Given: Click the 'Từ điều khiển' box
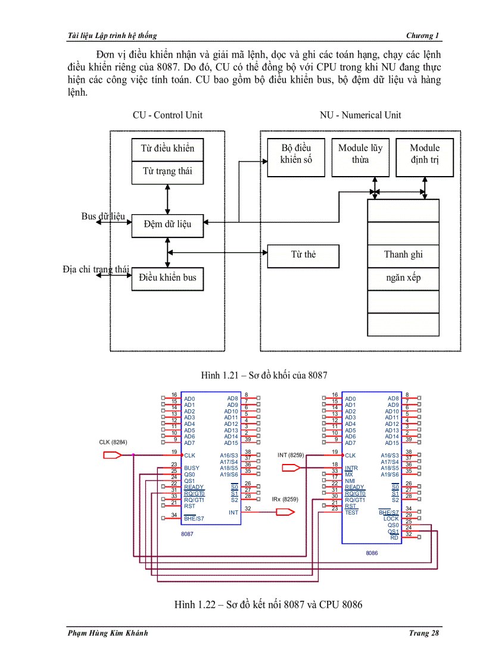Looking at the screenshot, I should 167,149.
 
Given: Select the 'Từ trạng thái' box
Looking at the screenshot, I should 167,172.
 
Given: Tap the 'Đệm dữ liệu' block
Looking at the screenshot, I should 167,224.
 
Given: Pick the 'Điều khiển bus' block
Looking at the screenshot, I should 167,278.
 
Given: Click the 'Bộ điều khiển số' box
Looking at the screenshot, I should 296,154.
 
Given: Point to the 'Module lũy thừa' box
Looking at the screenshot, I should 360,154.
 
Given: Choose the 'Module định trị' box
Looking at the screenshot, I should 425,154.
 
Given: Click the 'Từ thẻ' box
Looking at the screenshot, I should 303,255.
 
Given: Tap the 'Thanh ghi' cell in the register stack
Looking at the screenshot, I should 403,255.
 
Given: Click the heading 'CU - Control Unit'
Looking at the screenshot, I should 167,115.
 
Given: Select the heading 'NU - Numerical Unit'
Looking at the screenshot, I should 360,115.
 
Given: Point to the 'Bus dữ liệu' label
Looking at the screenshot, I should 103,217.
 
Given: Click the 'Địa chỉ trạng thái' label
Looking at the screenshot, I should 96,269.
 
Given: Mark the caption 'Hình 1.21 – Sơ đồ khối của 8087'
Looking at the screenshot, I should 264,375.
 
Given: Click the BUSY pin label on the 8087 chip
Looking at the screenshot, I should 192,468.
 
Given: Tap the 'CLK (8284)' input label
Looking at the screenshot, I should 113,443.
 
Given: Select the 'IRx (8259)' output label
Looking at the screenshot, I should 285,500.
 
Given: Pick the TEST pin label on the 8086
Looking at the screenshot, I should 352,512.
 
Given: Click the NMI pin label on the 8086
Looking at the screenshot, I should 350,481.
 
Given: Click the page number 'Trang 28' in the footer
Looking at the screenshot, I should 424,633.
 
